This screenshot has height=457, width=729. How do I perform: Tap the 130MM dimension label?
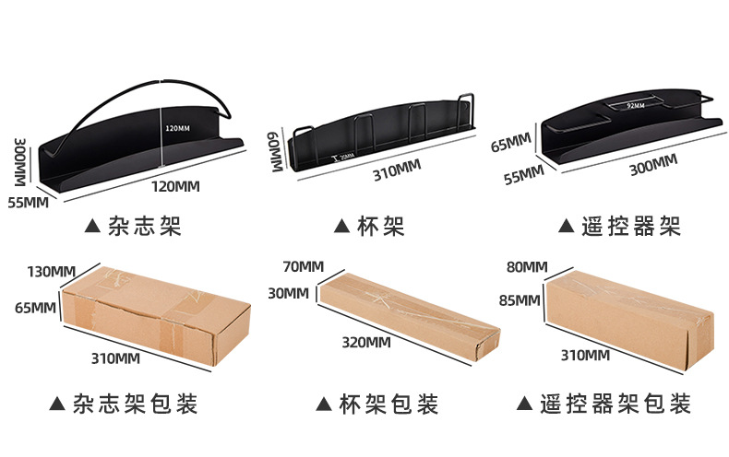[51, 271]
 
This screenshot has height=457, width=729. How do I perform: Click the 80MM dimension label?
[527, 267]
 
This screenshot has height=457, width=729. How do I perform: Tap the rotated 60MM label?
[275, 148]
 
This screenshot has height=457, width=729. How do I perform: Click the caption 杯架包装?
[377, 404]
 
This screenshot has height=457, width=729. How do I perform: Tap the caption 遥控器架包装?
[616, 404]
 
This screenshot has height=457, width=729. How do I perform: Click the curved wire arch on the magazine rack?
[148, 93]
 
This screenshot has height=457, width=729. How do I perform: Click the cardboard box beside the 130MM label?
[155, 309]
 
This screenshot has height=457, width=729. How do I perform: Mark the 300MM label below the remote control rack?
[652, 164]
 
